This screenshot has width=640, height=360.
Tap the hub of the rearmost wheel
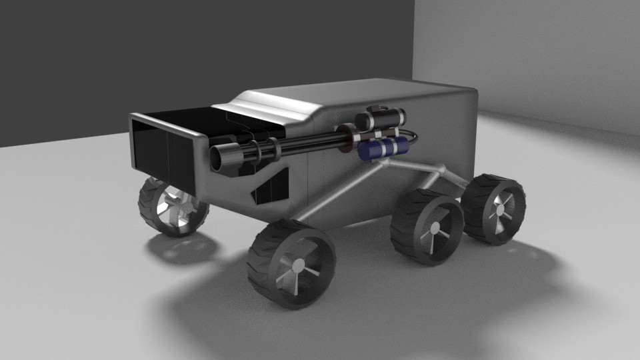(x=499, y=209)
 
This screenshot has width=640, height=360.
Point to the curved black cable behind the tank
(x=413, y=139)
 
